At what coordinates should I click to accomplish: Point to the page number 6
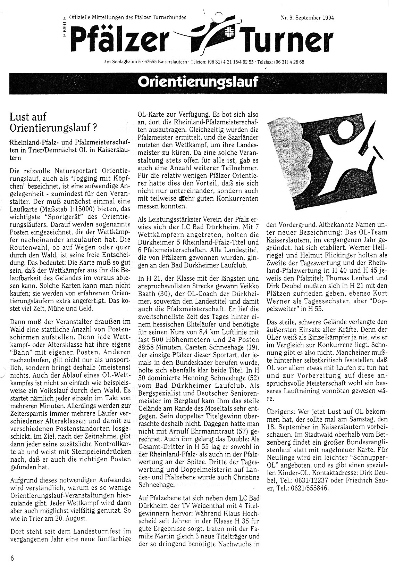pos(12,558)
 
